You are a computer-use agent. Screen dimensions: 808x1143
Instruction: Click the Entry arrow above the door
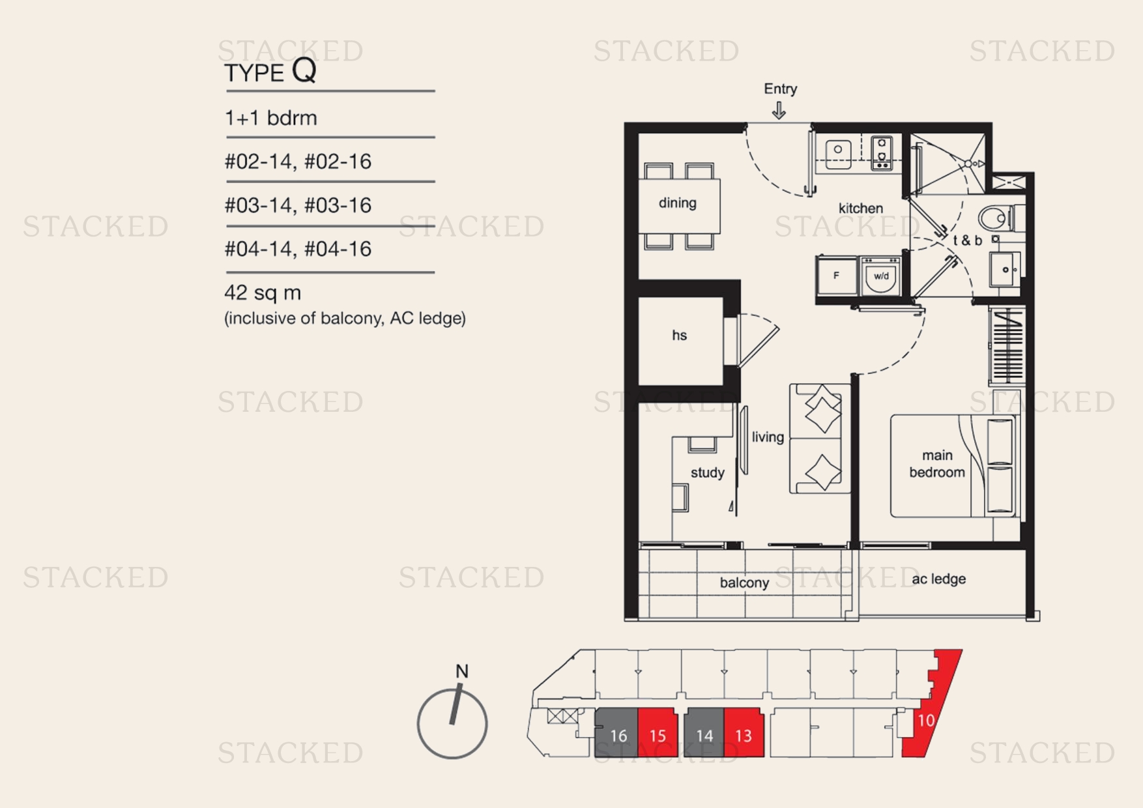[x=779, y=111]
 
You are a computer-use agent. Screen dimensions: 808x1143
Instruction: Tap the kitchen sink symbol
[x=837, y=151]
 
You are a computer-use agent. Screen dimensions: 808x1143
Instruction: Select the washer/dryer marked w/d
[x=881, y=276]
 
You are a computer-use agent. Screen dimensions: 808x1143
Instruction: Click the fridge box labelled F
[x=836, y=276]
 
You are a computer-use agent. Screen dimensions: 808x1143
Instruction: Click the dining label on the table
[x=677, y=203]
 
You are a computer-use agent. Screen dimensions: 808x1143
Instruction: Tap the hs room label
[x=679, y=335]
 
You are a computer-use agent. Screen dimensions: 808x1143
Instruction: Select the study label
[x=707, y=472]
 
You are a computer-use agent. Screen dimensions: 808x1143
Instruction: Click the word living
[x=768, y=437]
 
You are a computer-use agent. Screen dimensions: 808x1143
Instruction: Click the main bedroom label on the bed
[x=936, y=463]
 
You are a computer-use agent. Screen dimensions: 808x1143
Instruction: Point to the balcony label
[x=744, y=583]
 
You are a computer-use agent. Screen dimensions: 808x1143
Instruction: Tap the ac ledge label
[x=938, y=579]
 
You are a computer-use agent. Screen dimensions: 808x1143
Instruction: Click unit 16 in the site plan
[x=617, y=736]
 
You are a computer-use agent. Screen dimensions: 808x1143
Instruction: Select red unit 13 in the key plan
[x=744, y=736]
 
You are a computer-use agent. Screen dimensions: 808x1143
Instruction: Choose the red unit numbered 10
[x=926, y=720]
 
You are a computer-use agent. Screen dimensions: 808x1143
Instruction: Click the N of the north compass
[x=461, y=671]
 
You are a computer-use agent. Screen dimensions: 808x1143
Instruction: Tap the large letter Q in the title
[x=304, y=70]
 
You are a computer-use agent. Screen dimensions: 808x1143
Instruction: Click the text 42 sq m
[x=262, y=293]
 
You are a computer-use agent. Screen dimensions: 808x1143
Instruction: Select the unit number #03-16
[x=338, y=205]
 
